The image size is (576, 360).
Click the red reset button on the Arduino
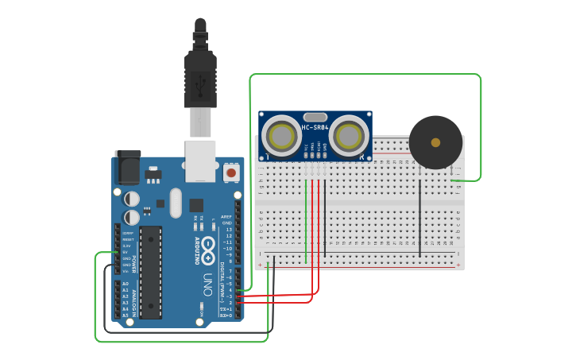pos(231,172)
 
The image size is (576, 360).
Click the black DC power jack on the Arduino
pos(127,168)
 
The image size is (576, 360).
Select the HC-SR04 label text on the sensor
pos(315,128)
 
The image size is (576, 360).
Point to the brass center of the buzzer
pos(435,142)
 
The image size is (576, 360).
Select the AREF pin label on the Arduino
pos(227,216)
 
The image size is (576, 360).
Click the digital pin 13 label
pos(229,229)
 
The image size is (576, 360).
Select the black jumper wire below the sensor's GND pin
pos(325,215)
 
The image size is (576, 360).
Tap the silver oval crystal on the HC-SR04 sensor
pos(315,117)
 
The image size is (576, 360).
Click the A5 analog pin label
pos(125,315)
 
